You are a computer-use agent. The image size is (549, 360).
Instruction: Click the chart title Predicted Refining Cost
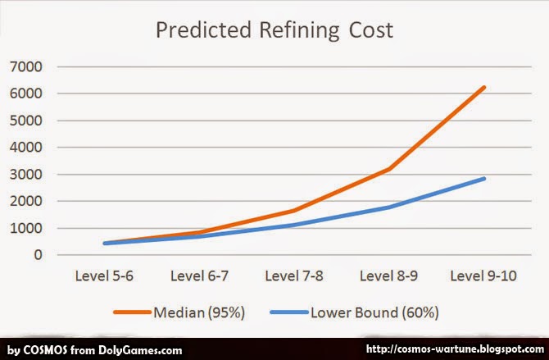[x=275, y=32]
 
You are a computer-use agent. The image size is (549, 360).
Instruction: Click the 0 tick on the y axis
[x=38, y=255]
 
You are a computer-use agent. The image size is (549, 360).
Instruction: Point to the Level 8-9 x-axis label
[x=388, y=276]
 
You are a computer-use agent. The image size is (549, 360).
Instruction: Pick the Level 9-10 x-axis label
[x=484, y=276]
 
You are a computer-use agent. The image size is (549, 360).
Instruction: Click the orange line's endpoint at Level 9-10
[x=484, y=88]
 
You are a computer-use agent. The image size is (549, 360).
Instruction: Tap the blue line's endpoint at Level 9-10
[x=484, y=179]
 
